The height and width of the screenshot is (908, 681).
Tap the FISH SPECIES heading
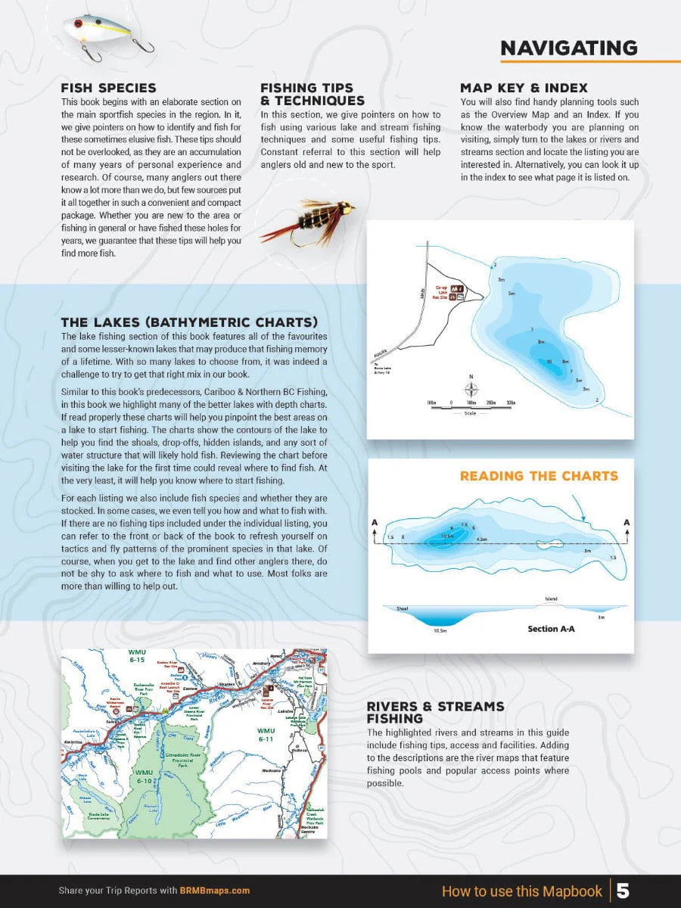(108, 89)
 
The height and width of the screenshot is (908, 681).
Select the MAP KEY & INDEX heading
(524, 89)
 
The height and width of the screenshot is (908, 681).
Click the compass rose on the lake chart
(471, 390)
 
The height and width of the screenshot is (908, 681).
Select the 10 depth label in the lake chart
(549, 362)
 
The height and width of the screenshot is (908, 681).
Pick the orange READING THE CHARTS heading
(539, 476)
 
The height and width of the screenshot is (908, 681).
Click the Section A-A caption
(552, 629)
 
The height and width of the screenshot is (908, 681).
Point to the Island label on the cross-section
(551, 599)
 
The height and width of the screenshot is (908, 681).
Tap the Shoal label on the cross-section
(403, 608)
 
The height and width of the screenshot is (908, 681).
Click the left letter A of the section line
(375, 522)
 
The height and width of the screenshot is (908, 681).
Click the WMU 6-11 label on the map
(265, 734)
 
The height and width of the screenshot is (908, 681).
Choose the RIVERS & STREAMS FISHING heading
(435, 712)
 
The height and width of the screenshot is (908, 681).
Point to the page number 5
(622, 891)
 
